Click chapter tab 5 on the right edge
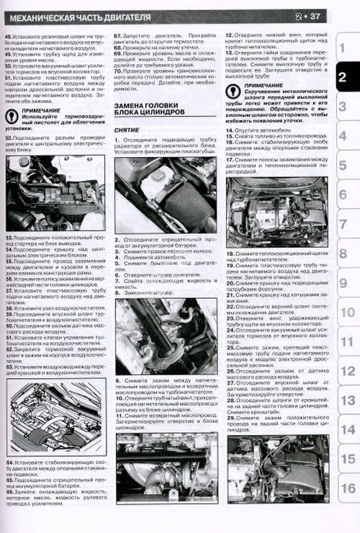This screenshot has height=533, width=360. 345,166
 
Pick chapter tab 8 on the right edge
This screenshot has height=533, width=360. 345,254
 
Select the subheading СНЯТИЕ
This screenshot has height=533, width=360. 127,130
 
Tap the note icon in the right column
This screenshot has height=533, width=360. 233,91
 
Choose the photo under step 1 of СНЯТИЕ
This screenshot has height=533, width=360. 166,195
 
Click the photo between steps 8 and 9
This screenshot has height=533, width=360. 166,338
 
